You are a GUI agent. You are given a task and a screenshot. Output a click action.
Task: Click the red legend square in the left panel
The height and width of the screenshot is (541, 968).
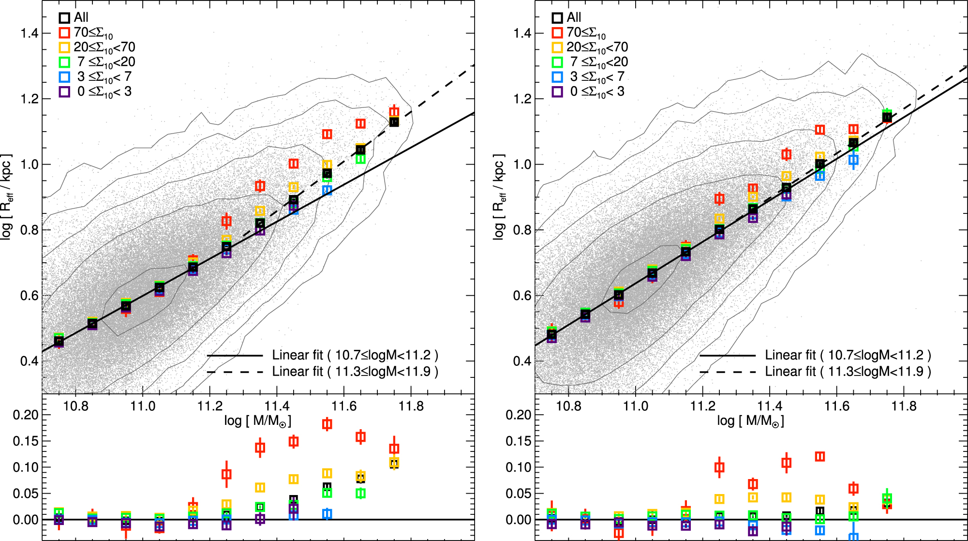pos(64,32)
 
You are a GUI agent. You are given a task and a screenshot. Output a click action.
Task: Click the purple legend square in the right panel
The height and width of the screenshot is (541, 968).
pos(557,91)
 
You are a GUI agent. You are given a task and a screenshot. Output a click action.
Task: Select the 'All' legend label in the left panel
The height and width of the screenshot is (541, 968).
pos(81,17)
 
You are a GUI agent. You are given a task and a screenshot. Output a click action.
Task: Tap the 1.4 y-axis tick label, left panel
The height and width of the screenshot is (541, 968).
pos(29,33)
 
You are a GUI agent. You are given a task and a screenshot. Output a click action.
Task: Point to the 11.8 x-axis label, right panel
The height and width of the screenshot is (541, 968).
pos(904,406)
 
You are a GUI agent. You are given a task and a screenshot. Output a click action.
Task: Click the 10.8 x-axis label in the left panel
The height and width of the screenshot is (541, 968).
pos(75,406)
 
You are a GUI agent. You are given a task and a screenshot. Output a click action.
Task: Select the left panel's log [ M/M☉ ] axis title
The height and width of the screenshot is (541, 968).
pos(257,421)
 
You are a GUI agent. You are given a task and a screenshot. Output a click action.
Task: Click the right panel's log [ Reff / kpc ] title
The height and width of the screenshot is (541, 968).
pos(499,197)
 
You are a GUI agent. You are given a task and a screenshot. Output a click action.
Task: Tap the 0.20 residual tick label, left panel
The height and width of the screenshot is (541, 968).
pos(25,415)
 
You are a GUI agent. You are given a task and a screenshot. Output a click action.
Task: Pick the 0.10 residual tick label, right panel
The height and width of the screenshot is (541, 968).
pos(518,467)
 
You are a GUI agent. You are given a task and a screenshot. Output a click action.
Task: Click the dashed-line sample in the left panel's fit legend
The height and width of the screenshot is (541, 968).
pos(235,372)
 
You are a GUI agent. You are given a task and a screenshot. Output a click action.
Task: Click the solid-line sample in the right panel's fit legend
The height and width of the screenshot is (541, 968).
pos(727,356)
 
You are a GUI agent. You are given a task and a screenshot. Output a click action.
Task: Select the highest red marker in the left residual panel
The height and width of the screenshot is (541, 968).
pos(327,424)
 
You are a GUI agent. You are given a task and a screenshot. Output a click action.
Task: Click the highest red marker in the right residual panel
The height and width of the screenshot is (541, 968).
pos(820,456)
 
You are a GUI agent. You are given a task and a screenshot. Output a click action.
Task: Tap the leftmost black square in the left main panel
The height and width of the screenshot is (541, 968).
pos(59,342)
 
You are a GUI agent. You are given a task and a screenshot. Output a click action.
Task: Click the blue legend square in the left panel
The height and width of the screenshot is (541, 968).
pos(64,77)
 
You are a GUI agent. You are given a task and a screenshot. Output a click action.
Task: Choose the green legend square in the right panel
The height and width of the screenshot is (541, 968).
pos(557,62)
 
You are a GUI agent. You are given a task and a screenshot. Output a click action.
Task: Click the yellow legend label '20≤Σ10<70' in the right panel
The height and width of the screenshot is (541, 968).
pos(597,47)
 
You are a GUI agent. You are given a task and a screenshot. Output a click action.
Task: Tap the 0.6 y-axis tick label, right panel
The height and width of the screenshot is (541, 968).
pos(522,295)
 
